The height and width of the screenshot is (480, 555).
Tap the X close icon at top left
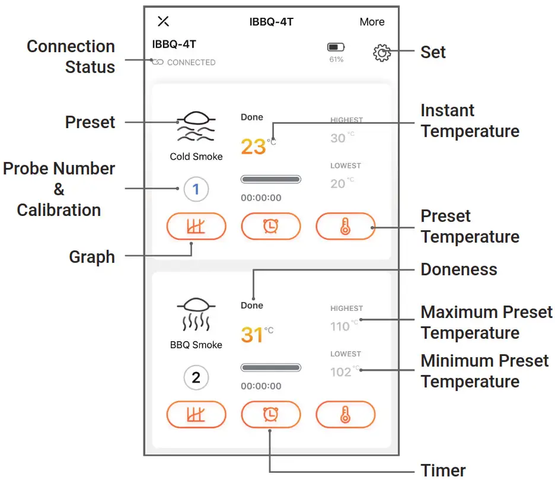click(163, 21)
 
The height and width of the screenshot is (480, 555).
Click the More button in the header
click(372, 22)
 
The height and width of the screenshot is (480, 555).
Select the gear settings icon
click(382, 53)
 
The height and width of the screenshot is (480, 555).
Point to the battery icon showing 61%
click(336, 47)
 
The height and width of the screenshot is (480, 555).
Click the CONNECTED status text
click(191, 62)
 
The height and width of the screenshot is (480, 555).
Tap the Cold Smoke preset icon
click(196, 127)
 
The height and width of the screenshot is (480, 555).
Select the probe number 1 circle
click(196, 190)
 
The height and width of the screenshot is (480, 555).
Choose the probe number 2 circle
click(196, 377)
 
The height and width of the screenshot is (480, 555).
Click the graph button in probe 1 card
click(196, 226)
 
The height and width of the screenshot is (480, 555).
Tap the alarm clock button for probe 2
click(271, 414)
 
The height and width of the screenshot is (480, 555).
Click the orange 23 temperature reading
click(253, 146)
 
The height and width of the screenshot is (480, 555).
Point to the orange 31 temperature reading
click(252, 335)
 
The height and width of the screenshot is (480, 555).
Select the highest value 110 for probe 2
click(340, 326)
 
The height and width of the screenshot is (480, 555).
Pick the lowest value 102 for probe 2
click(341, 372)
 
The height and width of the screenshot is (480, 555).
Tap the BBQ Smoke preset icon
click(196, 314)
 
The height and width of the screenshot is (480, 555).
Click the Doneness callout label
click(458, 269)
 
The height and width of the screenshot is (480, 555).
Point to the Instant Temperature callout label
click(470, 120)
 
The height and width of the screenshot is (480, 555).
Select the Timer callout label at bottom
click(443, 470)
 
